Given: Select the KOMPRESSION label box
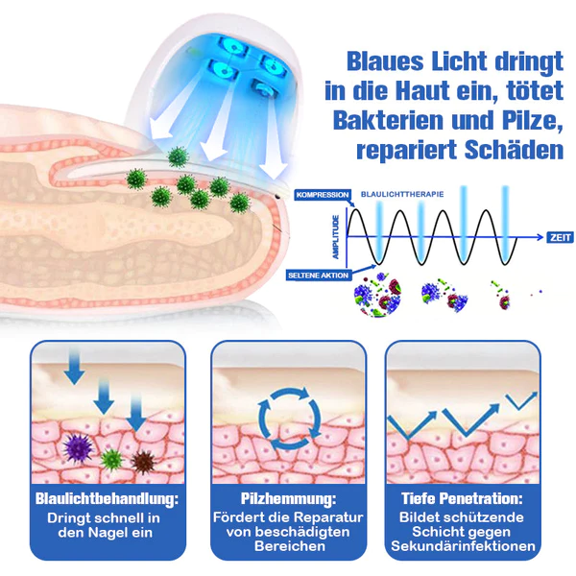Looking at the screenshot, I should coord(322,195).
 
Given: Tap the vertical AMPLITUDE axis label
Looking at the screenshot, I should coord(335,235).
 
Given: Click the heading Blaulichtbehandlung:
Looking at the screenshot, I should coord(107,499).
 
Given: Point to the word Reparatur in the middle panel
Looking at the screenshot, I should coord(327,516).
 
